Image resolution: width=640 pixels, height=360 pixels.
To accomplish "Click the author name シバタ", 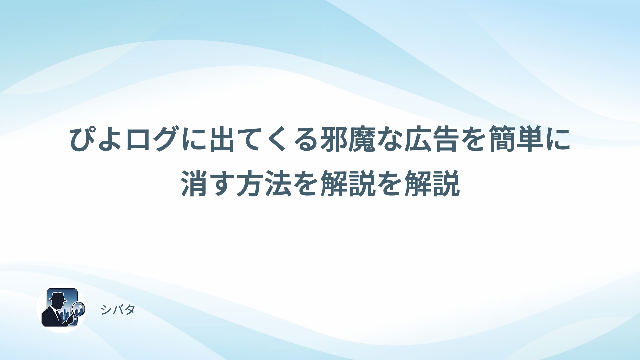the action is coord(118,310).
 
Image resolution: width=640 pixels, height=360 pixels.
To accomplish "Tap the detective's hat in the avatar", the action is coord(58,296).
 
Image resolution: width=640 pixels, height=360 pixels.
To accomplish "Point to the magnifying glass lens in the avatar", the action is coord(79,308).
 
